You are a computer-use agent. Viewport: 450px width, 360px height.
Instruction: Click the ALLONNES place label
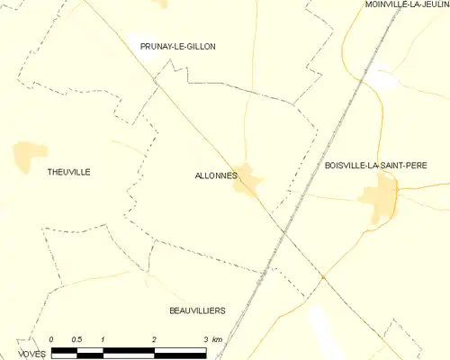tap(216, 175)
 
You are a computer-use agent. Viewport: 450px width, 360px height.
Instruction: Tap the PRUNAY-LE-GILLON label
tap(177, 46)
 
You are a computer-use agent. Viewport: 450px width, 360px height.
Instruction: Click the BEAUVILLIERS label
tap(197, 310)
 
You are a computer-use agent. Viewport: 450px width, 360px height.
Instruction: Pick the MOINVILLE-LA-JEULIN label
tap(407, 4)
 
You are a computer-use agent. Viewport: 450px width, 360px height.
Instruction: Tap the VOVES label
tap(31, 354)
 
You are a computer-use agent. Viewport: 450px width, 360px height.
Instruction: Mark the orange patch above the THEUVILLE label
tap(30, 155)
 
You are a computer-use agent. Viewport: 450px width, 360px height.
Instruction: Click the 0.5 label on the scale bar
tap(77, 338)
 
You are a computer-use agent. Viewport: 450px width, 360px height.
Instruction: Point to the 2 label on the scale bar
tap(155, 338)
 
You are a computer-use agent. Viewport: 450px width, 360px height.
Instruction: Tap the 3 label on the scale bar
tap(206, 338)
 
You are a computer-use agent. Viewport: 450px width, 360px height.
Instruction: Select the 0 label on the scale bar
tap(51, 338)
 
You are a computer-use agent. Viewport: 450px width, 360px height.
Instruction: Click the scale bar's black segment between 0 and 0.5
tap(64, 348)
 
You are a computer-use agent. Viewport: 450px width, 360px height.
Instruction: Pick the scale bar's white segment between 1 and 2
tap(129, 348)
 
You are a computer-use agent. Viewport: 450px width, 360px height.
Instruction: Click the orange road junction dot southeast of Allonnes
tap(322, 277)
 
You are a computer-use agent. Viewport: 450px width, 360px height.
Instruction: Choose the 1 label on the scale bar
tap(103, 338)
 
